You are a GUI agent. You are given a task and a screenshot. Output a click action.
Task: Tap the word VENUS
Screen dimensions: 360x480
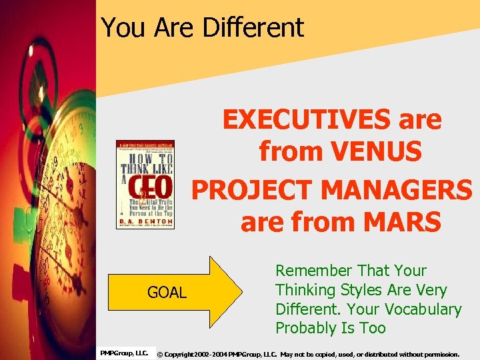[x=378, y=152]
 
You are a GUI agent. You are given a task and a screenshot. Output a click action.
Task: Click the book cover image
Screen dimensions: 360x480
[x=145, y=185]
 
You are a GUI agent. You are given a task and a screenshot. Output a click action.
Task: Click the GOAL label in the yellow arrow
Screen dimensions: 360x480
[x=167, y=293]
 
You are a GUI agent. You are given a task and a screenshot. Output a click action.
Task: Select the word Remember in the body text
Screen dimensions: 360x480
[x=313, y=271]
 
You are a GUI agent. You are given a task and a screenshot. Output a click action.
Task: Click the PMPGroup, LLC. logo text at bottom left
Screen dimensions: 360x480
[x=124, y=352]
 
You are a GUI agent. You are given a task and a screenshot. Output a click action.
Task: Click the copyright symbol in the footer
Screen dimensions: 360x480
[x=160, y=354]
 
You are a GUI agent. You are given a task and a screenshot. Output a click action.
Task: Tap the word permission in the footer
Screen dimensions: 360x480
[x=439, y=354]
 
